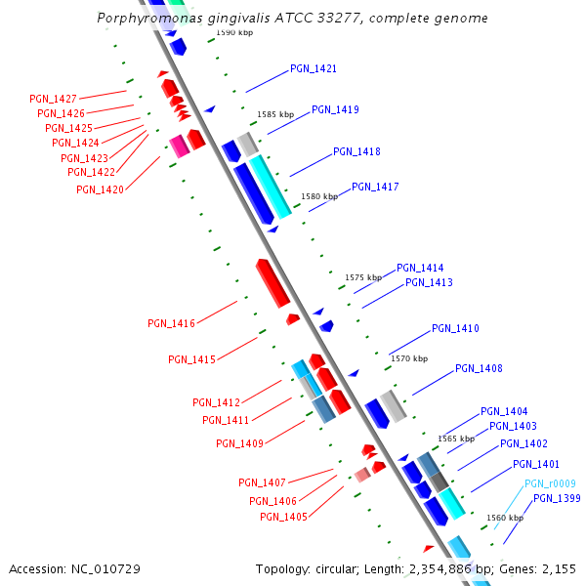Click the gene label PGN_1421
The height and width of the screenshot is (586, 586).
point(313,69)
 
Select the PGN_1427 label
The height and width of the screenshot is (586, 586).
point(53,99)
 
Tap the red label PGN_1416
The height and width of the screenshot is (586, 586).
point(171,323)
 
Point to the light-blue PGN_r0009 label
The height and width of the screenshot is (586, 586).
point(550,483)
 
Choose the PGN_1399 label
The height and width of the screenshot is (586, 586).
point(557,498)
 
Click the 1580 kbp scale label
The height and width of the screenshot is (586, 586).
point(319,196)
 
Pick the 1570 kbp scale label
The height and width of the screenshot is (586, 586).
point(409,358)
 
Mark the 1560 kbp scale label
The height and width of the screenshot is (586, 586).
point(504,518)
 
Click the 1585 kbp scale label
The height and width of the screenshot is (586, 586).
point(275,114)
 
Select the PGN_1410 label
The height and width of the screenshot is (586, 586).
point(455,329)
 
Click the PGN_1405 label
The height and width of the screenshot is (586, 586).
point(283,517)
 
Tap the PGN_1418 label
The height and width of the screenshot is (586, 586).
point(356,151)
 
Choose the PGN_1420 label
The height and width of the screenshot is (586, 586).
point(100,189)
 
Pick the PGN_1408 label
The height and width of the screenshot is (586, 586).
point(479,369)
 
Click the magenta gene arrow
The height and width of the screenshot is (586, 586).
point(179,146)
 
